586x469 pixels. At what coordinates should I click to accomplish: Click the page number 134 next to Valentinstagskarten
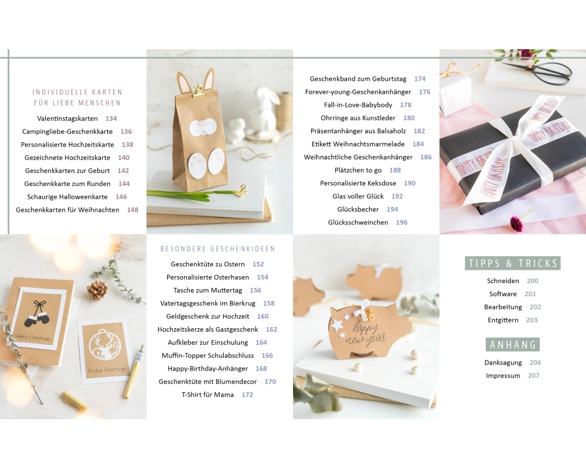111,118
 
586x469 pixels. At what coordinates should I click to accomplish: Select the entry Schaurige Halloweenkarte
67,197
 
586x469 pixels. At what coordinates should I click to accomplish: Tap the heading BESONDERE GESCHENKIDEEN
217,249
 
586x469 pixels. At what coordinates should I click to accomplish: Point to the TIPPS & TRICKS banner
513,263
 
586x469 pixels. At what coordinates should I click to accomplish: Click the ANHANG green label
513,345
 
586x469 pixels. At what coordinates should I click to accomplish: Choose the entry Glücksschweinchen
358,223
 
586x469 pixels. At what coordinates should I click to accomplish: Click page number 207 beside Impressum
534,376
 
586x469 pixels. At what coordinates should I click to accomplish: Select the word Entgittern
503,320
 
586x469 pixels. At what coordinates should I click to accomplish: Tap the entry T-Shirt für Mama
208,395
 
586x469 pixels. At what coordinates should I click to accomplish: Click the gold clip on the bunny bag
198,91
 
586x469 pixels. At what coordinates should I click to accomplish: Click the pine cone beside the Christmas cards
97,291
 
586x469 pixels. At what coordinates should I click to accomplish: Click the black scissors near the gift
541,72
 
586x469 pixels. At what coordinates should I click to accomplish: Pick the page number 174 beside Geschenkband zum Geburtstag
420,79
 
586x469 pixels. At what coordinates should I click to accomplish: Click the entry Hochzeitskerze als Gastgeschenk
208,329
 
